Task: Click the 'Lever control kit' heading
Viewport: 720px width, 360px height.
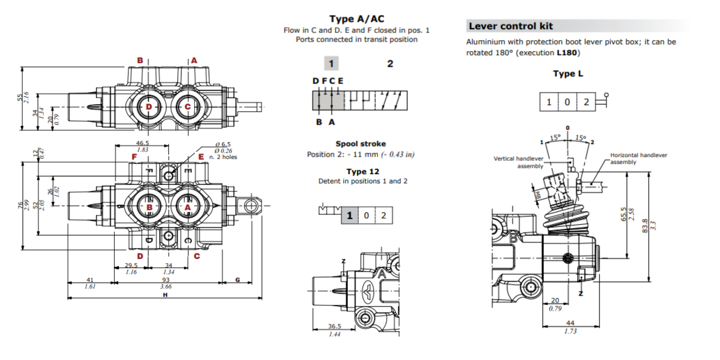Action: (x=510, y=26)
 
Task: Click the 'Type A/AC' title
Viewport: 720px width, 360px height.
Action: (x=357, y=19)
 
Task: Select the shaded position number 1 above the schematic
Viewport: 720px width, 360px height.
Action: (x=331, y=64)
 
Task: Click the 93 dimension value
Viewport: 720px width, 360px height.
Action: (x=166, y=280)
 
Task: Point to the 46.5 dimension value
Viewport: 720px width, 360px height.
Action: (x=142, y=143)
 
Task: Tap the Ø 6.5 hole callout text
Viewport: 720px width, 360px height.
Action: (x=223, y=144)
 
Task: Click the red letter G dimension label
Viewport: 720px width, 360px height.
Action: (x=237, y=280)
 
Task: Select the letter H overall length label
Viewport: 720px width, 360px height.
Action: (x=165, y=295)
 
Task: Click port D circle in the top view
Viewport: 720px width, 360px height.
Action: (x=149, y=107)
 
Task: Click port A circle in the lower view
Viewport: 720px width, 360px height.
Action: (x=188, y=207)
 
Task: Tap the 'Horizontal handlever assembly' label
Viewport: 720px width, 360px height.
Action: (x=638, y=158)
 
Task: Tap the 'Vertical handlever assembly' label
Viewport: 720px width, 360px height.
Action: (x=518, y=162)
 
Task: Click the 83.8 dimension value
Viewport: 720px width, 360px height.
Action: (x=645, y=226)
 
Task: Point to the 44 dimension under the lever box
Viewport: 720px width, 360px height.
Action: (x=570, y=323)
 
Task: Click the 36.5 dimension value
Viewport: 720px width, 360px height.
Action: (x=334, y=326)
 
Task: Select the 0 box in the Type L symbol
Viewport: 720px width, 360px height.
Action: (x=567, y=102)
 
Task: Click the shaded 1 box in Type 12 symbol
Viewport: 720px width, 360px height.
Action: (x=350, y=215)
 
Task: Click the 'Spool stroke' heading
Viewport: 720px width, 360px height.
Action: (x=360, y=144)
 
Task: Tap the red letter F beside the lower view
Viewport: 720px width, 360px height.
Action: (x=134, y=157)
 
